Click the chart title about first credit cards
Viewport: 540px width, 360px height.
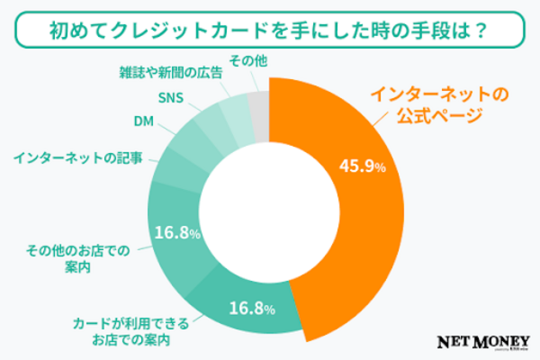(269, 30)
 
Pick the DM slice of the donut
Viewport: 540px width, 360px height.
(194, 137)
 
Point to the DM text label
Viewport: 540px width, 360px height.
(144, 121)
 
